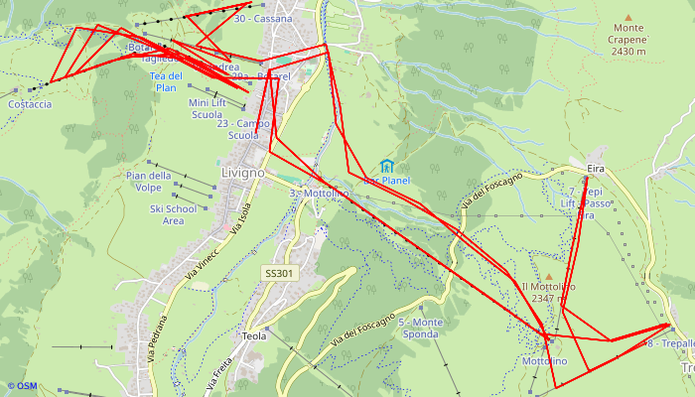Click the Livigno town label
(x=243, y=173)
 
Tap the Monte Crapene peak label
(x=628, y=40)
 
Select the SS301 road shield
(x=280, y=273)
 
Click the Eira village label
(x=596, y=170)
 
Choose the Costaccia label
(x=30, y=104)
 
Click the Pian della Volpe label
(x=149, y=182)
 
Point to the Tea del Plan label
(x=166, y=81)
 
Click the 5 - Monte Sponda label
(x=420, y=329)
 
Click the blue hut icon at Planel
(x=386, y=166)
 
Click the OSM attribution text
(x=22, y=386)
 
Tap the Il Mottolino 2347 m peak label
(x=548, y=292)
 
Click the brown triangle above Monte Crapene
(x=627, y=16)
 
